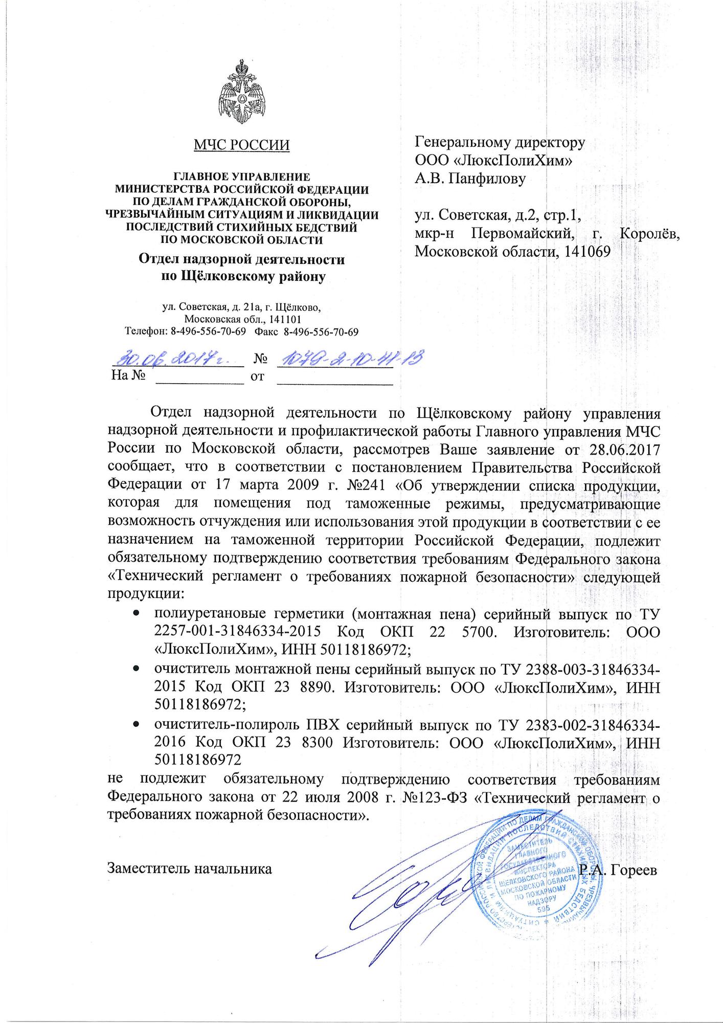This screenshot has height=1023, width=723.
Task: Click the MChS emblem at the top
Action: click(241, 93)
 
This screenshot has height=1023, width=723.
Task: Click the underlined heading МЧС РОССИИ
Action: click(241, 145)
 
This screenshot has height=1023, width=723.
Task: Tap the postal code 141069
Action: click(584, 251)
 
